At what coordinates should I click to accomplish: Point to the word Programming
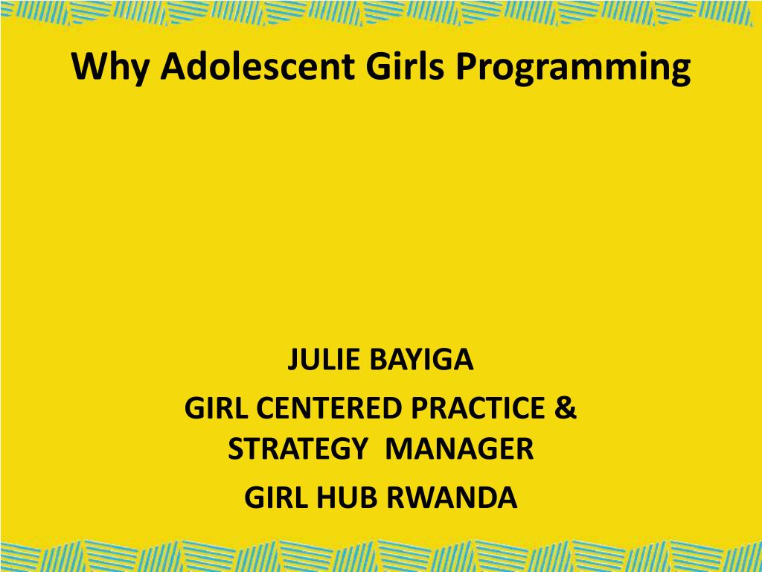pos(573,68)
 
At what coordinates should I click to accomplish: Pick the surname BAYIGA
pos(421,360)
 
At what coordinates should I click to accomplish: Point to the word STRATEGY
pos(297,448)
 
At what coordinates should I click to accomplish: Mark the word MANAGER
pos(459,448)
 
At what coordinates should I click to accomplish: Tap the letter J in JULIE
pos(293,360)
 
